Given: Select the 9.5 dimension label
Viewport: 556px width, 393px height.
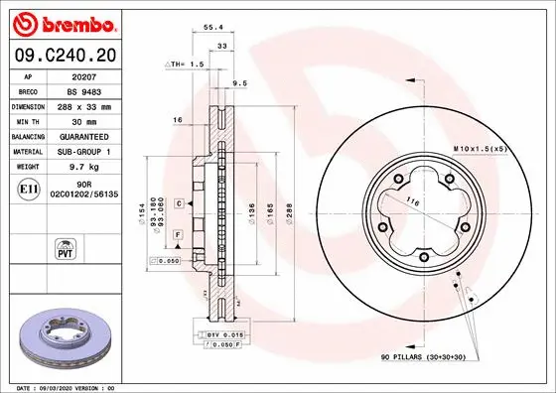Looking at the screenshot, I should [239, 83].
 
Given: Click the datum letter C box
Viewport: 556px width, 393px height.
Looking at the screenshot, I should [178, 202].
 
